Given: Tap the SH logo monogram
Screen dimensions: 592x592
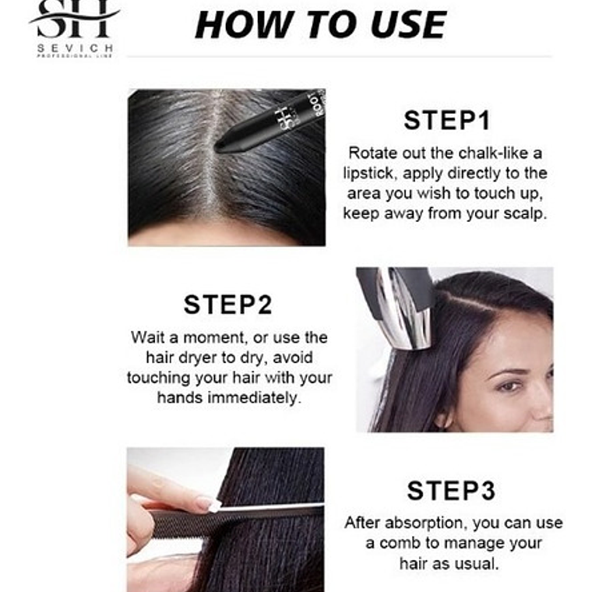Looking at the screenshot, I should tap(75, 19).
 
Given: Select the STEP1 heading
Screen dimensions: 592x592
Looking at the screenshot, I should tap(446, 121).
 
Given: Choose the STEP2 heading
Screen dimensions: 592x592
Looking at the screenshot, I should tap(228, 305).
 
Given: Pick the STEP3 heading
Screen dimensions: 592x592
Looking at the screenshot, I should tap(450, 491).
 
